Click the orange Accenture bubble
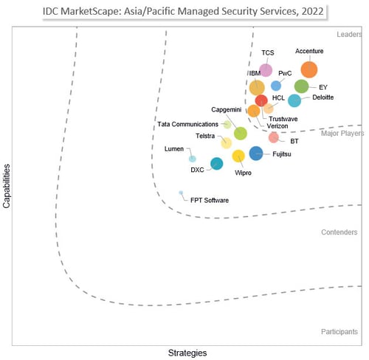coord(308,69)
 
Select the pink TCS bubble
coord(266,70)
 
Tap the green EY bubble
coord(301,86)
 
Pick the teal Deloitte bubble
coord(294,101)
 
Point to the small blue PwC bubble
coord(276,86)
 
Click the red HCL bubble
coord(261,100)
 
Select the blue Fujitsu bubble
coord(255,153)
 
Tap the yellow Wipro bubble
coord(238,156)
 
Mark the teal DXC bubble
coord(216,164)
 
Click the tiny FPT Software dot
coord(181,193)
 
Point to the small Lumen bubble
coord(192,159)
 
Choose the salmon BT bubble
coord(274,137)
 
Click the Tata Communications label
coord(188,124)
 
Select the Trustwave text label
coord(283,119)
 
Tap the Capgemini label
coord(226,110)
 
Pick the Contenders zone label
coord(339,232)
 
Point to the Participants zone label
coord(339,332)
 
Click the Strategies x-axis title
coord(187,353)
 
